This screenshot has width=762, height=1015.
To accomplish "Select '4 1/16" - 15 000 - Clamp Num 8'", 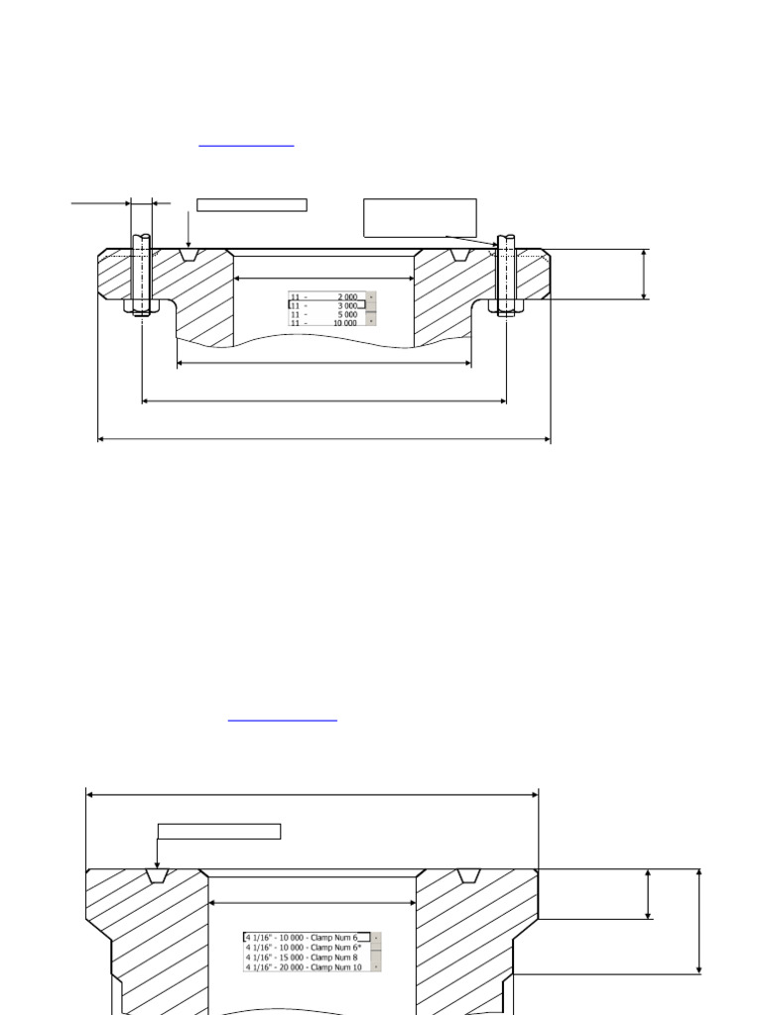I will (306, 958).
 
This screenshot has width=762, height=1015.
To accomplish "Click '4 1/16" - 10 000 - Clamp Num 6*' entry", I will (306, 947).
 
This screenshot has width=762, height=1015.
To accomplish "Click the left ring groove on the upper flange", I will (189, 256).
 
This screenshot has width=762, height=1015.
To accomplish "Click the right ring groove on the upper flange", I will (458, 256).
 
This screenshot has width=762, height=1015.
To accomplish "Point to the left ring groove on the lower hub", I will (157, 876).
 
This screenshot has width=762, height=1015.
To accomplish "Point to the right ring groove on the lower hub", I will (468, 876).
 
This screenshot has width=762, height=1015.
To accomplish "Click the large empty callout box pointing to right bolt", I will (420, 217).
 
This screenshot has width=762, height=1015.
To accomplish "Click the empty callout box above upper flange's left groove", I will (251, 205).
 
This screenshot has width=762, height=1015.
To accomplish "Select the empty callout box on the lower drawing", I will (218, 831).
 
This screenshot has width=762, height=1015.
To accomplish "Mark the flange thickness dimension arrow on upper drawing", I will (645, 275).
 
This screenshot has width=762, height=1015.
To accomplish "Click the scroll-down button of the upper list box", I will (372, 321).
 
